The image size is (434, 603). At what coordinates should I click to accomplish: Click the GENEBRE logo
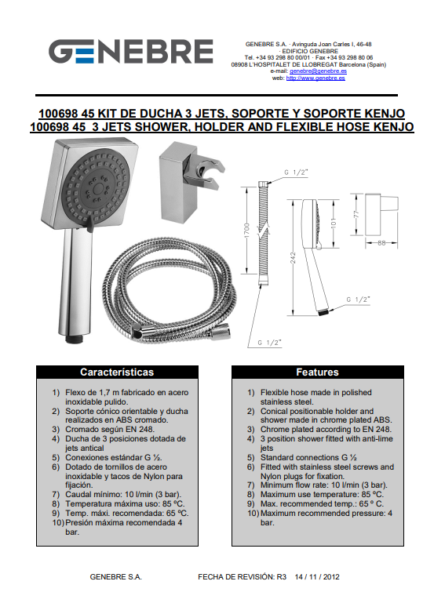pos(131,52)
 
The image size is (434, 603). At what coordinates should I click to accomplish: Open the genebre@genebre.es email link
pos(318,71)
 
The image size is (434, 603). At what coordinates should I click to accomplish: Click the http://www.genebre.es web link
pos(315,78)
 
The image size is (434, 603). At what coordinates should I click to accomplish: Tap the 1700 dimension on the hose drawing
pos(247,230)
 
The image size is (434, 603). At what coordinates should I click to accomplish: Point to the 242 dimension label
pos(293,258)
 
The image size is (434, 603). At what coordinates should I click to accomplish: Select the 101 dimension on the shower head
pos(334,223)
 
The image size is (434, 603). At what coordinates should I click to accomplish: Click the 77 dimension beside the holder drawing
pos(356,214)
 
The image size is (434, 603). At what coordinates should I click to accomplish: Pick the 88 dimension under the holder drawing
pos(381,242)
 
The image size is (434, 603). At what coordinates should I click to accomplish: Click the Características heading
pos(117,372)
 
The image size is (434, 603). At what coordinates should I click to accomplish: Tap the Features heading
pos(317,372)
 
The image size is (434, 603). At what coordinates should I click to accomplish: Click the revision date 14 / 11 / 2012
pos(317,577)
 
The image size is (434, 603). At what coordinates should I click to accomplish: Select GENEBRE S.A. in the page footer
pos(116,577)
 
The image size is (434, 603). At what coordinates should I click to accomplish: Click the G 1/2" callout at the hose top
pos(296,173)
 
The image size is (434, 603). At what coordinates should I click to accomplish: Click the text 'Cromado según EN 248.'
pos(110,429)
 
